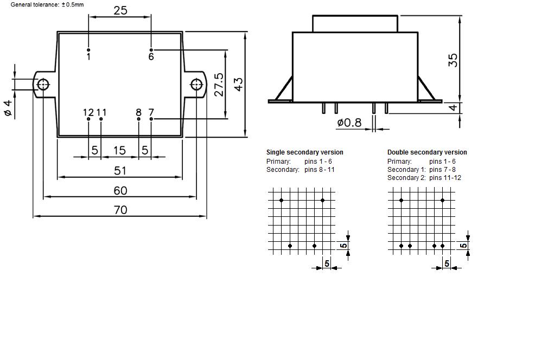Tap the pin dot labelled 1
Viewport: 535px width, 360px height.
click(88, 50)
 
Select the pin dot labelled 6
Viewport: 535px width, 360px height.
click(151, 50)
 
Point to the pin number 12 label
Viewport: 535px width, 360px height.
click(88, 112)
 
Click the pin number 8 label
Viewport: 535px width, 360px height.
click(138, 112)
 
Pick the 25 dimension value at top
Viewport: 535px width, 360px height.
click(120, 10)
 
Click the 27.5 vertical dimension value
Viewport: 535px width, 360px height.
click(219, 84)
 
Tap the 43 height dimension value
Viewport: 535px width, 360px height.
click(239, 84)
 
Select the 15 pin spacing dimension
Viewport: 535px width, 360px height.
click(119, 150)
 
